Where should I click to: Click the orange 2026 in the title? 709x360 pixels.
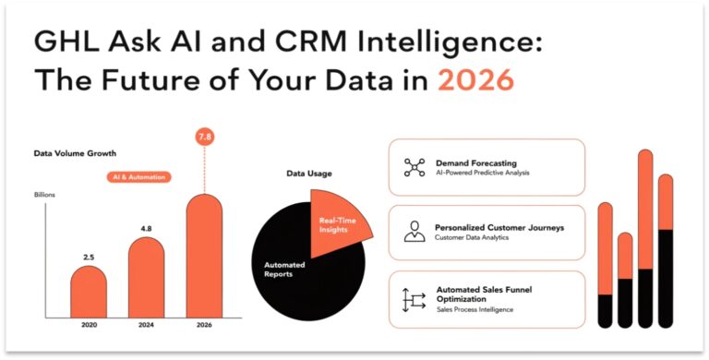[475, 80]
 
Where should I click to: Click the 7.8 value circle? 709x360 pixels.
[205, 138]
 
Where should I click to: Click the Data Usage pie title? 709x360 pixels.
[309, 173]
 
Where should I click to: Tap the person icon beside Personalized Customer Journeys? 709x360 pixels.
[415, 232]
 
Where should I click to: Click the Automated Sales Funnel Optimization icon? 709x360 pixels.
[414, 299]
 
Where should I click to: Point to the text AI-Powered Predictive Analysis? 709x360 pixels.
[482, 173]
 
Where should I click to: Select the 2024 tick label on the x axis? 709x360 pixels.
[147, 325]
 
